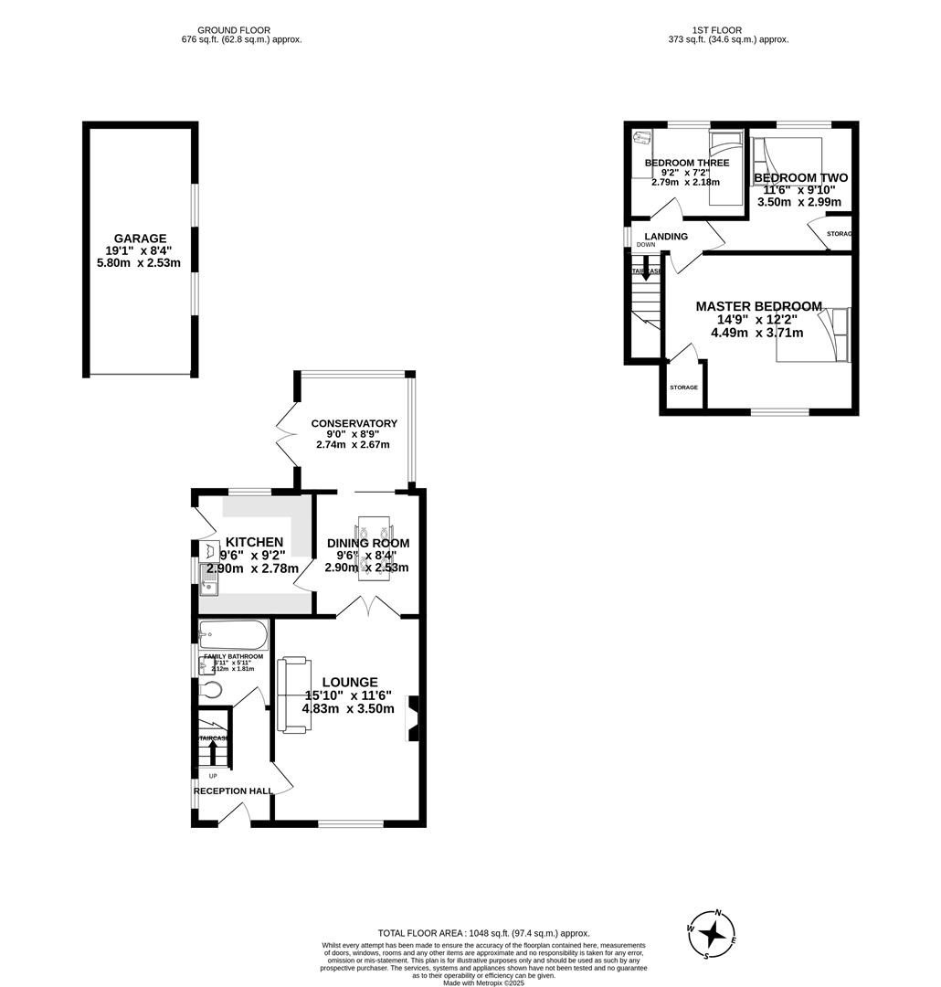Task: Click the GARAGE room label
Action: tap(140, 239)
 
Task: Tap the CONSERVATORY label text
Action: tap(354, 423)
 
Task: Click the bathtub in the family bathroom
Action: tap(233, 633)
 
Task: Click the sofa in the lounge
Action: tap(293, 694)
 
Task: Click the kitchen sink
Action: tap(210, 583)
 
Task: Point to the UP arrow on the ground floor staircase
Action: tap(214, 752)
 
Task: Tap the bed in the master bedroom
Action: tap(813, 335)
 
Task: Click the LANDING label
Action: tap(666, 237)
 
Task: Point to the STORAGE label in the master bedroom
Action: tap(683, 387)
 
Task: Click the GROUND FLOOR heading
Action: tap(234, 30)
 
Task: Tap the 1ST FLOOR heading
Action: tap(718, 30)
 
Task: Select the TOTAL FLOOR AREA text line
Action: tap(471, 933)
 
